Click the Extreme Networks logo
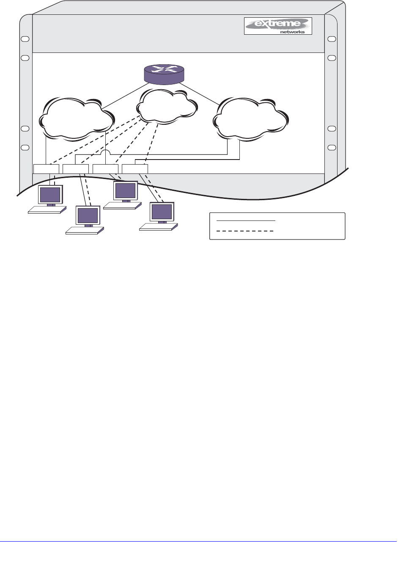(278, 26)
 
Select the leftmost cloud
(76, 118)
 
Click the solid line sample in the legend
(246, 220)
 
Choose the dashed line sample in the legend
(246, 231)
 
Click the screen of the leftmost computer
(50, 195)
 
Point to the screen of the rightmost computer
(162, 211)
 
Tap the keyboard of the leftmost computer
(47, 210)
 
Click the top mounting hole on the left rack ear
(25, 39)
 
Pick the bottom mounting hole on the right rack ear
(332, 147)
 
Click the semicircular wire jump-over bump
(105, 152)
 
